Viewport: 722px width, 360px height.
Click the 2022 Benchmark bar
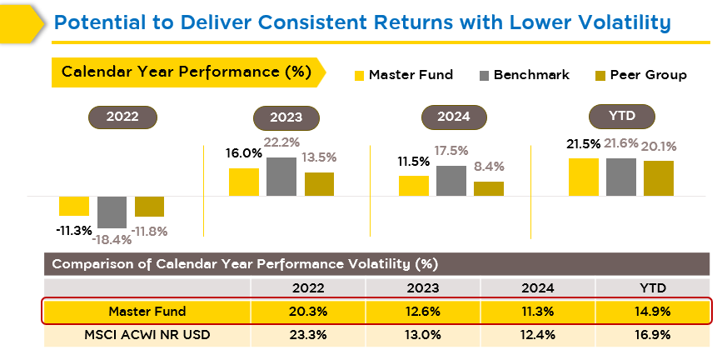pyautogui.click(x=112, y=212)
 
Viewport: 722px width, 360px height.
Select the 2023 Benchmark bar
pyautogui.click(x=281, y=177)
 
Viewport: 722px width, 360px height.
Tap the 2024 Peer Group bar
pyautogui.click(x=489, y=188)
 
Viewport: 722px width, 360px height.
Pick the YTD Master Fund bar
pyautogui.click(x=584, y=177)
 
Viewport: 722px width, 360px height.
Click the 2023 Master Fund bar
pyautogui.click(x=244, y=182)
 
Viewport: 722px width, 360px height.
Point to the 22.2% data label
pyautogui.click(x=282, y=143)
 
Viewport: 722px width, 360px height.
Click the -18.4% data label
pyautogui.click(x=112, y=239)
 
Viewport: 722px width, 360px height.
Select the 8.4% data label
pyautogui.click(x=489, y=167)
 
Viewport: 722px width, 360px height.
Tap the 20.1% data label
pyautogui.click(x=658, y=147)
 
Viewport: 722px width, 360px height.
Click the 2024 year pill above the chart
pyautogui.click(x=451, y=117)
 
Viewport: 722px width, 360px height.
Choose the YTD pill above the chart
pyautogui.click(x=621, y=115)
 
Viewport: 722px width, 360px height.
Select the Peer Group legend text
pyautogui.click(x=648, y=75)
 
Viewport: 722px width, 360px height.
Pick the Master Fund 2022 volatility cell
pyautogui.click(x=308, y=312)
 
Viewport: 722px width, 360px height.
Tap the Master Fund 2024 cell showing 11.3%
pyautogui.click(x=537, y=312)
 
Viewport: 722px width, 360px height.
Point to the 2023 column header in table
pyautogui.click(x=422, y=287)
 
